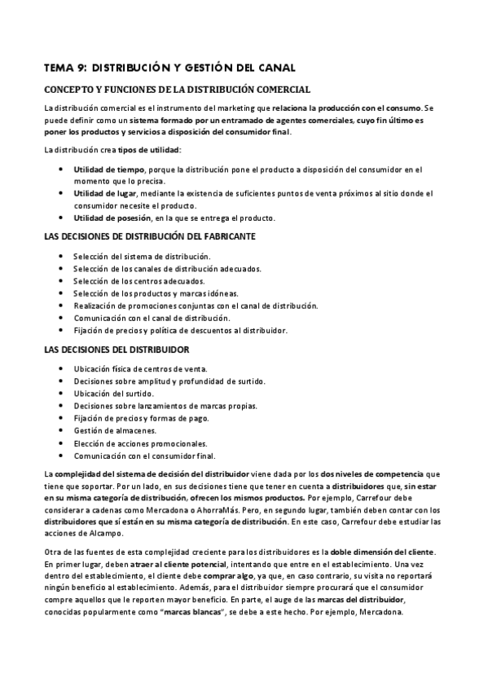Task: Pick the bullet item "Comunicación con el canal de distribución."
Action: tap(152, 318)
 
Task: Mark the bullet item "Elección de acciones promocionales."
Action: tap(134, 442)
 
